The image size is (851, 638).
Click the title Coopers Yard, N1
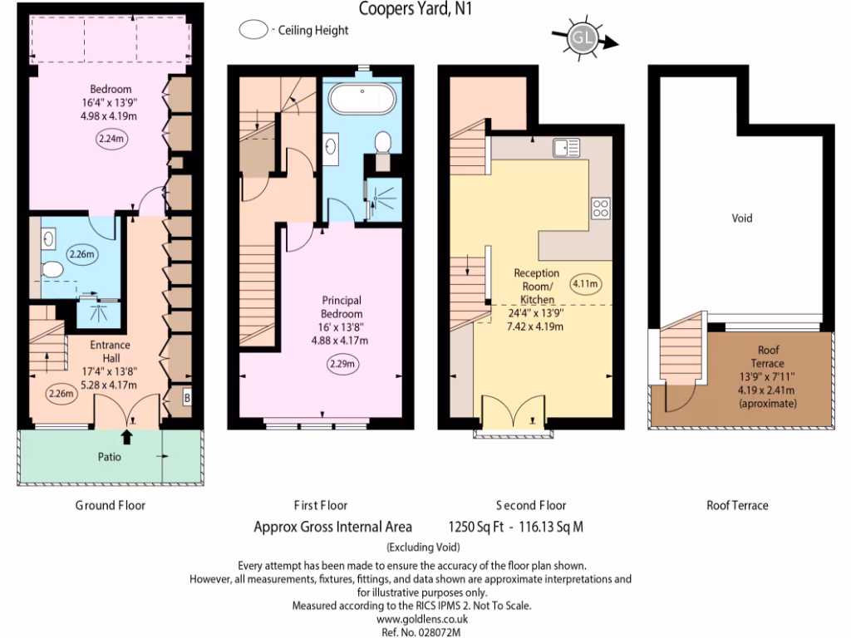pos(408,9)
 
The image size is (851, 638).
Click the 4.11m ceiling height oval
pos(586,285)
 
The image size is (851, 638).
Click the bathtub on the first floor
pos(362,101)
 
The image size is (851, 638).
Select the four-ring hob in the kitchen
pos(601,209)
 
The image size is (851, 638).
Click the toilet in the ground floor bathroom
pos(52,269)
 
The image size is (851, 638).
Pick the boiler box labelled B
pos(187,398)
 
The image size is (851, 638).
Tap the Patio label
pos(111,457)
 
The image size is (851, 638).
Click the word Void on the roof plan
pos(741,218)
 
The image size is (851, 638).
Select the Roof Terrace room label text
pos(770,357)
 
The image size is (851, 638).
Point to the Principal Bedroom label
pos(342,307)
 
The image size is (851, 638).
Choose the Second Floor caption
pos(531,505)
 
